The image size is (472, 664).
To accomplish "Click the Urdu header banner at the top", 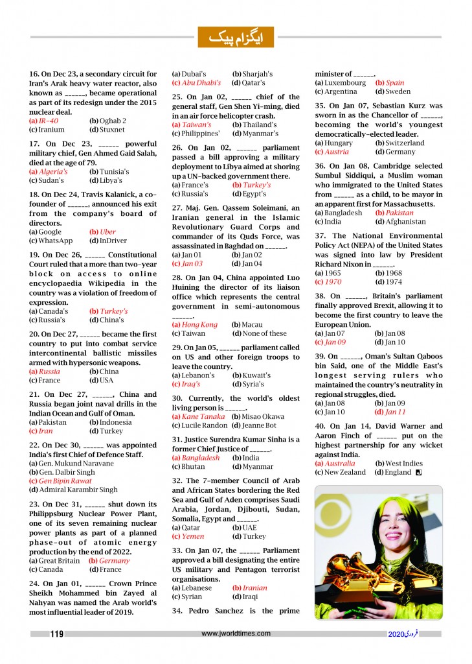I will click(236, 37).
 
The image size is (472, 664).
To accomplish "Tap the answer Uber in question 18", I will click(106, 231).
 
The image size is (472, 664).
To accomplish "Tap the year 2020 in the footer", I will click(396, 634).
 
